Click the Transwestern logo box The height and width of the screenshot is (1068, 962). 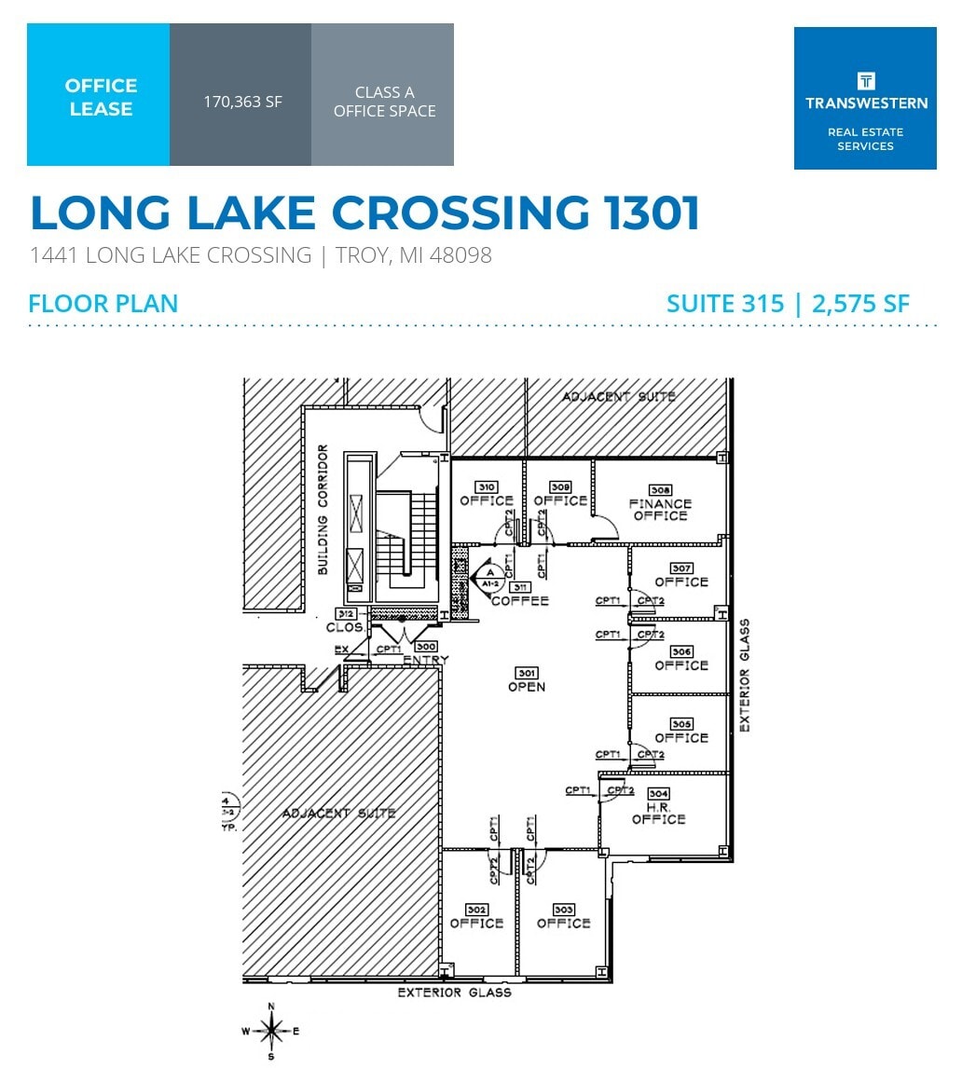tap(865, 98)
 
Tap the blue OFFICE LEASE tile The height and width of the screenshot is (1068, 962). tap(99, 96)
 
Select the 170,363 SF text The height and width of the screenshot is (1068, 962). tap(242, 102)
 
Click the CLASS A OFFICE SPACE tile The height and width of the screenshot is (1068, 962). tap(384, 102)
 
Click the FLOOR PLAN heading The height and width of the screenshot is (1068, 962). tap(103, 303)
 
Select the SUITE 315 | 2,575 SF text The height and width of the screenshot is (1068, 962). tap(788, 303)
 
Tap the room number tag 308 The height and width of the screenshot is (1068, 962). tap(661, 489)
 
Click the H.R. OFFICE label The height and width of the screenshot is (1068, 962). tap(658, 813)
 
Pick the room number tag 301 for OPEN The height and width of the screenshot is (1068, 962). tap(527, 673)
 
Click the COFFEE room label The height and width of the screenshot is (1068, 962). tap(520, 601)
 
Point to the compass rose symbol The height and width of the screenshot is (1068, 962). tap(271, 1031)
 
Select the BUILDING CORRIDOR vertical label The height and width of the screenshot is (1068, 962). tap(323, 510)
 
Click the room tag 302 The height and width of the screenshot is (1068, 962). tap(476, 910)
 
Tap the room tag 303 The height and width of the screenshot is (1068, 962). tap(563, 910)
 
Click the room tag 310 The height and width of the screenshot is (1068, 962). tap(486, 486)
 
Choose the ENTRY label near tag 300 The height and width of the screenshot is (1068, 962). tap(426, 660)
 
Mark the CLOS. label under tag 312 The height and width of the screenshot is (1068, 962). tap(344, 627)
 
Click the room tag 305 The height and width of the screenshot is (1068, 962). tap(680, 724)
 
